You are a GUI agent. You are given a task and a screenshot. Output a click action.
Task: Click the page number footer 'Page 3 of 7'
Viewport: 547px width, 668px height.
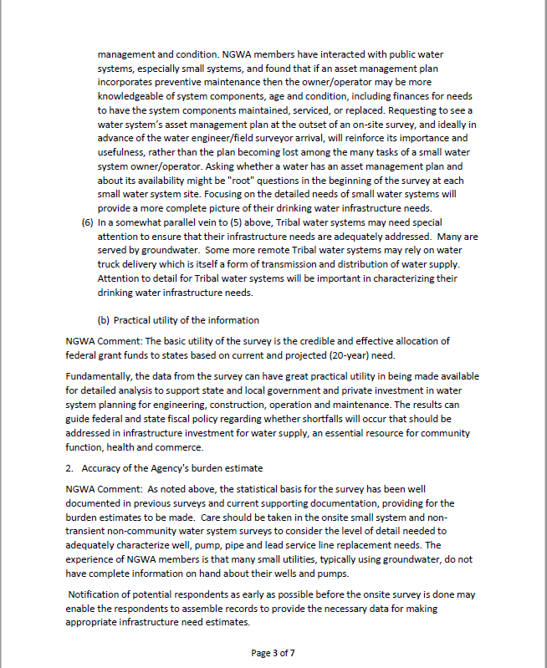[x=273, y=653]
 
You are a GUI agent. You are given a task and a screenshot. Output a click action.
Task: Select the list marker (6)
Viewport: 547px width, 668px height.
[x=86, y=223]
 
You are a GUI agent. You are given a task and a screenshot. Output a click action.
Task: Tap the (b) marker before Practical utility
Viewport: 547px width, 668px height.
[x=104, y=319]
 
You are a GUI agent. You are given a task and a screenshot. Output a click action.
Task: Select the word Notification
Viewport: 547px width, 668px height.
[x=97, y=594]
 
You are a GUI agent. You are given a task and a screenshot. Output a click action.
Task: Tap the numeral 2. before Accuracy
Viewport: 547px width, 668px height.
[x=69, y=468]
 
